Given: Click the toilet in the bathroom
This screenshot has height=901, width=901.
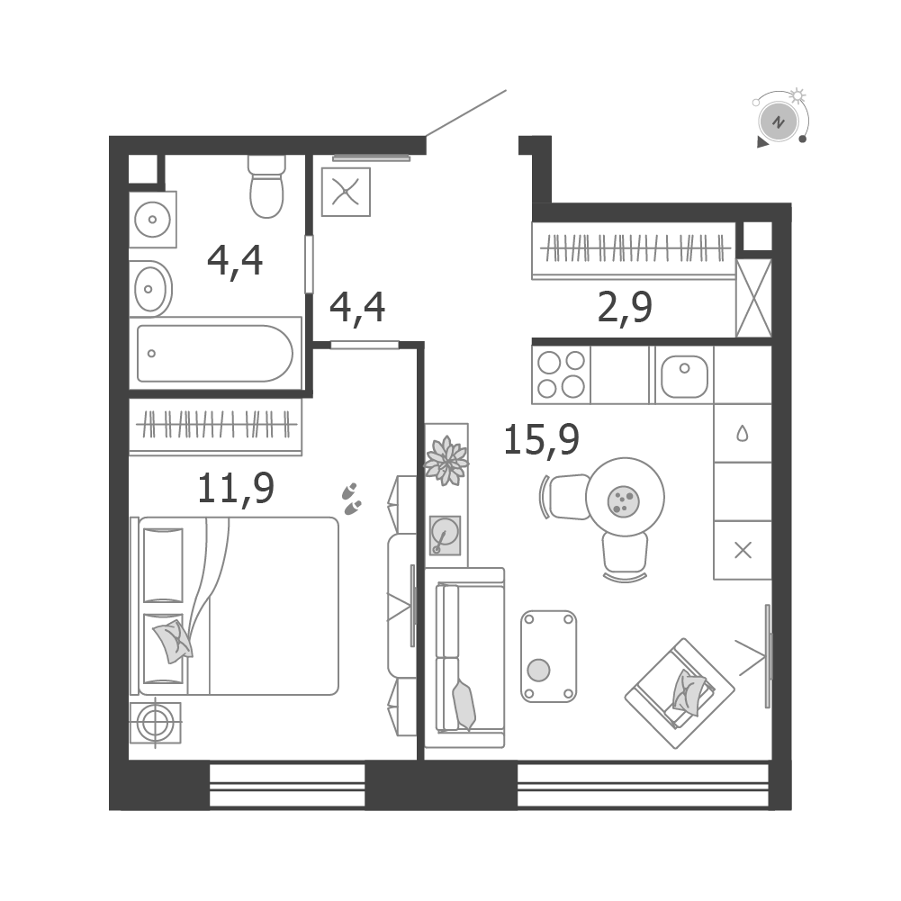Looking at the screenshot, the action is [x=266, y=186].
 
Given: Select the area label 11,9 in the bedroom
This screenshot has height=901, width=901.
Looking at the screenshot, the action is [x=236, y=489].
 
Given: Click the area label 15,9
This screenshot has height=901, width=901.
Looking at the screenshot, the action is [x=541, y=439].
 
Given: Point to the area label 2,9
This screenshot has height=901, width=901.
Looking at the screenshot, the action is [x=626, y=308].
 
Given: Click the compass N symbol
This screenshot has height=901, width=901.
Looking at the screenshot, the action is [x=779, y=122].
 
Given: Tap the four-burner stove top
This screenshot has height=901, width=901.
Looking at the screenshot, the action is [x=561, y=374].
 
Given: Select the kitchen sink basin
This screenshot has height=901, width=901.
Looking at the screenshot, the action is [x=684, y=376].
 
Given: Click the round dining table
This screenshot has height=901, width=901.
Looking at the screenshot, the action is [x=626, y=497].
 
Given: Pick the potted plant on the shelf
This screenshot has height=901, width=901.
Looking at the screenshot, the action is [x=446, y=460].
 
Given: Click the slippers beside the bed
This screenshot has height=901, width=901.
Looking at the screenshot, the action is [x=350, y=499].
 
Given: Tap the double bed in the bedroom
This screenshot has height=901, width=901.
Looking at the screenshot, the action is [x=236, y=606].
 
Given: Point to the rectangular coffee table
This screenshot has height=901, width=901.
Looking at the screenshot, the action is [x=549, y=656].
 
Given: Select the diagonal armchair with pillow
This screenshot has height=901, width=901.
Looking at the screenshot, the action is [x=680, y=693].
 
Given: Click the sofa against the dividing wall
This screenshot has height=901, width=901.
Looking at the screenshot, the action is [x=470, y=657].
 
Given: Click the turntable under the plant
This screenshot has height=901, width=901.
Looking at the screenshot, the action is [x=446, y=535].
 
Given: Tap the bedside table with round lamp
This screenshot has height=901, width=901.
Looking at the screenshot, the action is [x=155, y=723].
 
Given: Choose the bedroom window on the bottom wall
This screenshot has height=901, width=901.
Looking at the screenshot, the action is [x=287, y=785].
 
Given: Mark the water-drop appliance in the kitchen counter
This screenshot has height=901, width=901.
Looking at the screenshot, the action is [x=743, y=433].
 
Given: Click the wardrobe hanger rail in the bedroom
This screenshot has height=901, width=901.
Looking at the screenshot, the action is [x=216, y=425].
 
